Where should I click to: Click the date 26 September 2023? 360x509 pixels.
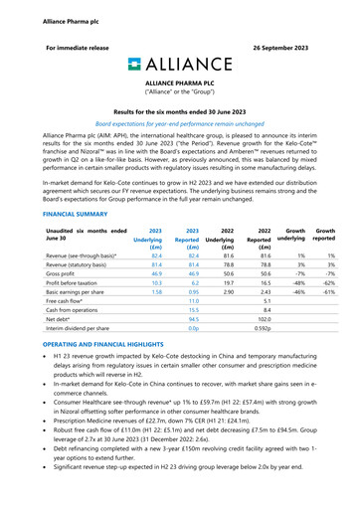point(294,47)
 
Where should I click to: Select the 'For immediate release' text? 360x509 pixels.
point(77,47)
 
